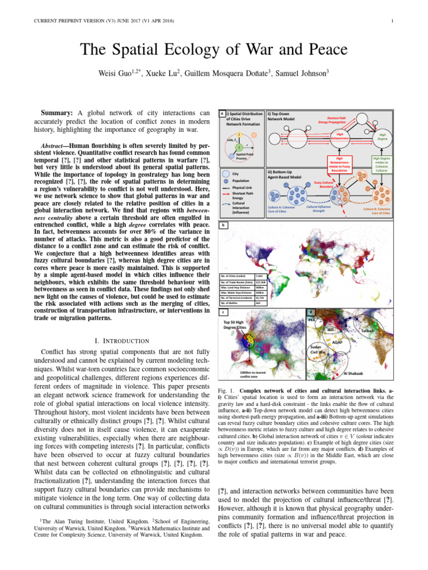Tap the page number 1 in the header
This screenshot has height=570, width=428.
(x=393, y=22)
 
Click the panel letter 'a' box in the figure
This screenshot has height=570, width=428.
(x=222, y=114)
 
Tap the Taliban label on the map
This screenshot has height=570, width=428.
(x=370, y=331)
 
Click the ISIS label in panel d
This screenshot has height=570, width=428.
(x=330, y=330)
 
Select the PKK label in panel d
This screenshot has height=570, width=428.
(x=312, y=320)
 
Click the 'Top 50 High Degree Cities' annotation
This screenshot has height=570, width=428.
(x=235, y=325)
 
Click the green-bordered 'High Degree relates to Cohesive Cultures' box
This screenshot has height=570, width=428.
(x=382, y=164)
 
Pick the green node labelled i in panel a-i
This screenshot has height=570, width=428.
(x=239, y=146)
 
